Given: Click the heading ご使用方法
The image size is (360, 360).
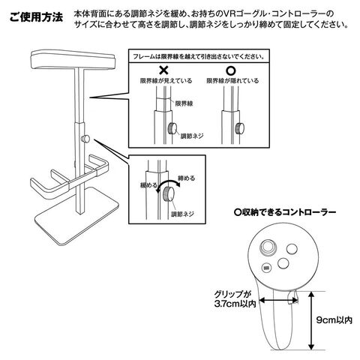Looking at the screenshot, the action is tap(36, 17).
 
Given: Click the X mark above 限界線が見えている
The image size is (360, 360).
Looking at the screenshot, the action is tap(164, 70).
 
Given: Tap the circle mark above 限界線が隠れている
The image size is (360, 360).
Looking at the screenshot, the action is tap(231, 71).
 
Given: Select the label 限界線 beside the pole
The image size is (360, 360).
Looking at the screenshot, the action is tap(184, 103).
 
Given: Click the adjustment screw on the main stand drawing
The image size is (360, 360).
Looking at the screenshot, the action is tap(85, 139).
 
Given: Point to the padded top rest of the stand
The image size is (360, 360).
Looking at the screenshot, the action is tap(73, 59).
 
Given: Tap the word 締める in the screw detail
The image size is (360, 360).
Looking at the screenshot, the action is tap(186, 178).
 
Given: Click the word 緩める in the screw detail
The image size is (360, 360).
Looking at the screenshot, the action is tap(149, 185).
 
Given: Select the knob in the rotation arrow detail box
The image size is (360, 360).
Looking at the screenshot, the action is tap(168, 194).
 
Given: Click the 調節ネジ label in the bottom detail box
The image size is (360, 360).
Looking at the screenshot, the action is tap(182, 214).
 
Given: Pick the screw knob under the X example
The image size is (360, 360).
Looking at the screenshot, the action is tap(172, 128).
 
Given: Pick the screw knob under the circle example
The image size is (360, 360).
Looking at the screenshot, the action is tap(239, 128).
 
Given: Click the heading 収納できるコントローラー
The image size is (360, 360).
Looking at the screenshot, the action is tap(285, 212).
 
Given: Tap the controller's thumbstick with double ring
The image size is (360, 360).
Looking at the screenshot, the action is tap(267, 247).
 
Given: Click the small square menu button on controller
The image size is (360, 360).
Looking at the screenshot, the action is tap(266, 268).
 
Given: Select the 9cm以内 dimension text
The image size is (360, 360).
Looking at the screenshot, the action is tap(334, 320).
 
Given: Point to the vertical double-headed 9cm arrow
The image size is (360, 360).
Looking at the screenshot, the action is tap(311, 321).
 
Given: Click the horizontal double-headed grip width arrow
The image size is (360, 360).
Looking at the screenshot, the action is tap(278, 299).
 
